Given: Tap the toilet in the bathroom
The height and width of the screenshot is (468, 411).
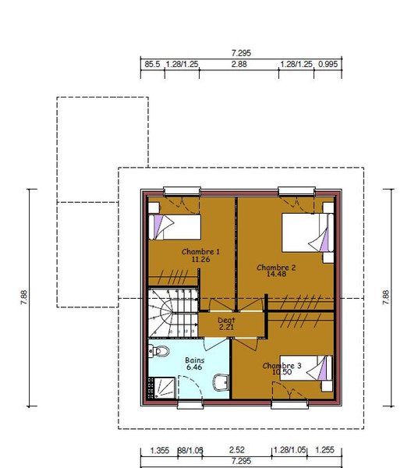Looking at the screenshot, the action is pos(159,351).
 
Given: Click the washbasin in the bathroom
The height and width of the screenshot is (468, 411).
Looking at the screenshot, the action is pos(221,382).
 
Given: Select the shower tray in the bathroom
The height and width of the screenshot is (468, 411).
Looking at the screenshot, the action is pos(162,388).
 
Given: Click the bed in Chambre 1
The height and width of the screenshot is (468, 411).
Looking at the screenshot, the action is pos(175,227).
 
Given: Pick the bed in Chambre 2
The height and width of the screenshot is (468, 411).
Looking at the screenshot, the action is pos(307,232).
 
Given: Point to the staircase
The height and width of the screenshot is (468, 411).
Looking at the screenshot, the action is pos(173,313).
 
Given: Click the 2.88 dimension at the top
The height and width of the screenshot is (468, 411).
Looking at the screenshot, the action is pos(239,64).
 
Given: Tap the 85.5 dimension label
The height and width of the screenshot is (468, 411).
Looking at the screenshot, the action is pos(152,64).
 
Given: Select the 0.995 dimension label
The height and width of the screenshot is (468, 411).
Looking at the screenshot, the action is pos(328,64).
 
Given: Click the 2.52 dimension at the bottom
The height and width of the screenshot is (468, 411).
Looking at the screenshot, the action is pos(237,450).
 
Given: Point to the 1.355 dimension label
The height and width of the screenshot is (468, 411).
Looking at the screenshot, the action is pos(160,450).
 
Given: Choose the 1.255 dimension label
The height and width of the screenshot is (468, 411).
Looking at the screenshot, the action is pos(324,450).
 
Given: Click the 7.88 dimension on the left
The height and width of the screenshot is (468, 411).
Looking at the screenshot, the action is pos(24,297).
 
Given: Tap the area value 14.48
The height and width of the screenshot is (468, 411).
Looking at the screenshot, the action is pos(276,274).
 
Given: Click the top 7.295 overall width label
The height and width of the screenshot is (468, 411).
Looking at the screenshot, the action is pos(241,53).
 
